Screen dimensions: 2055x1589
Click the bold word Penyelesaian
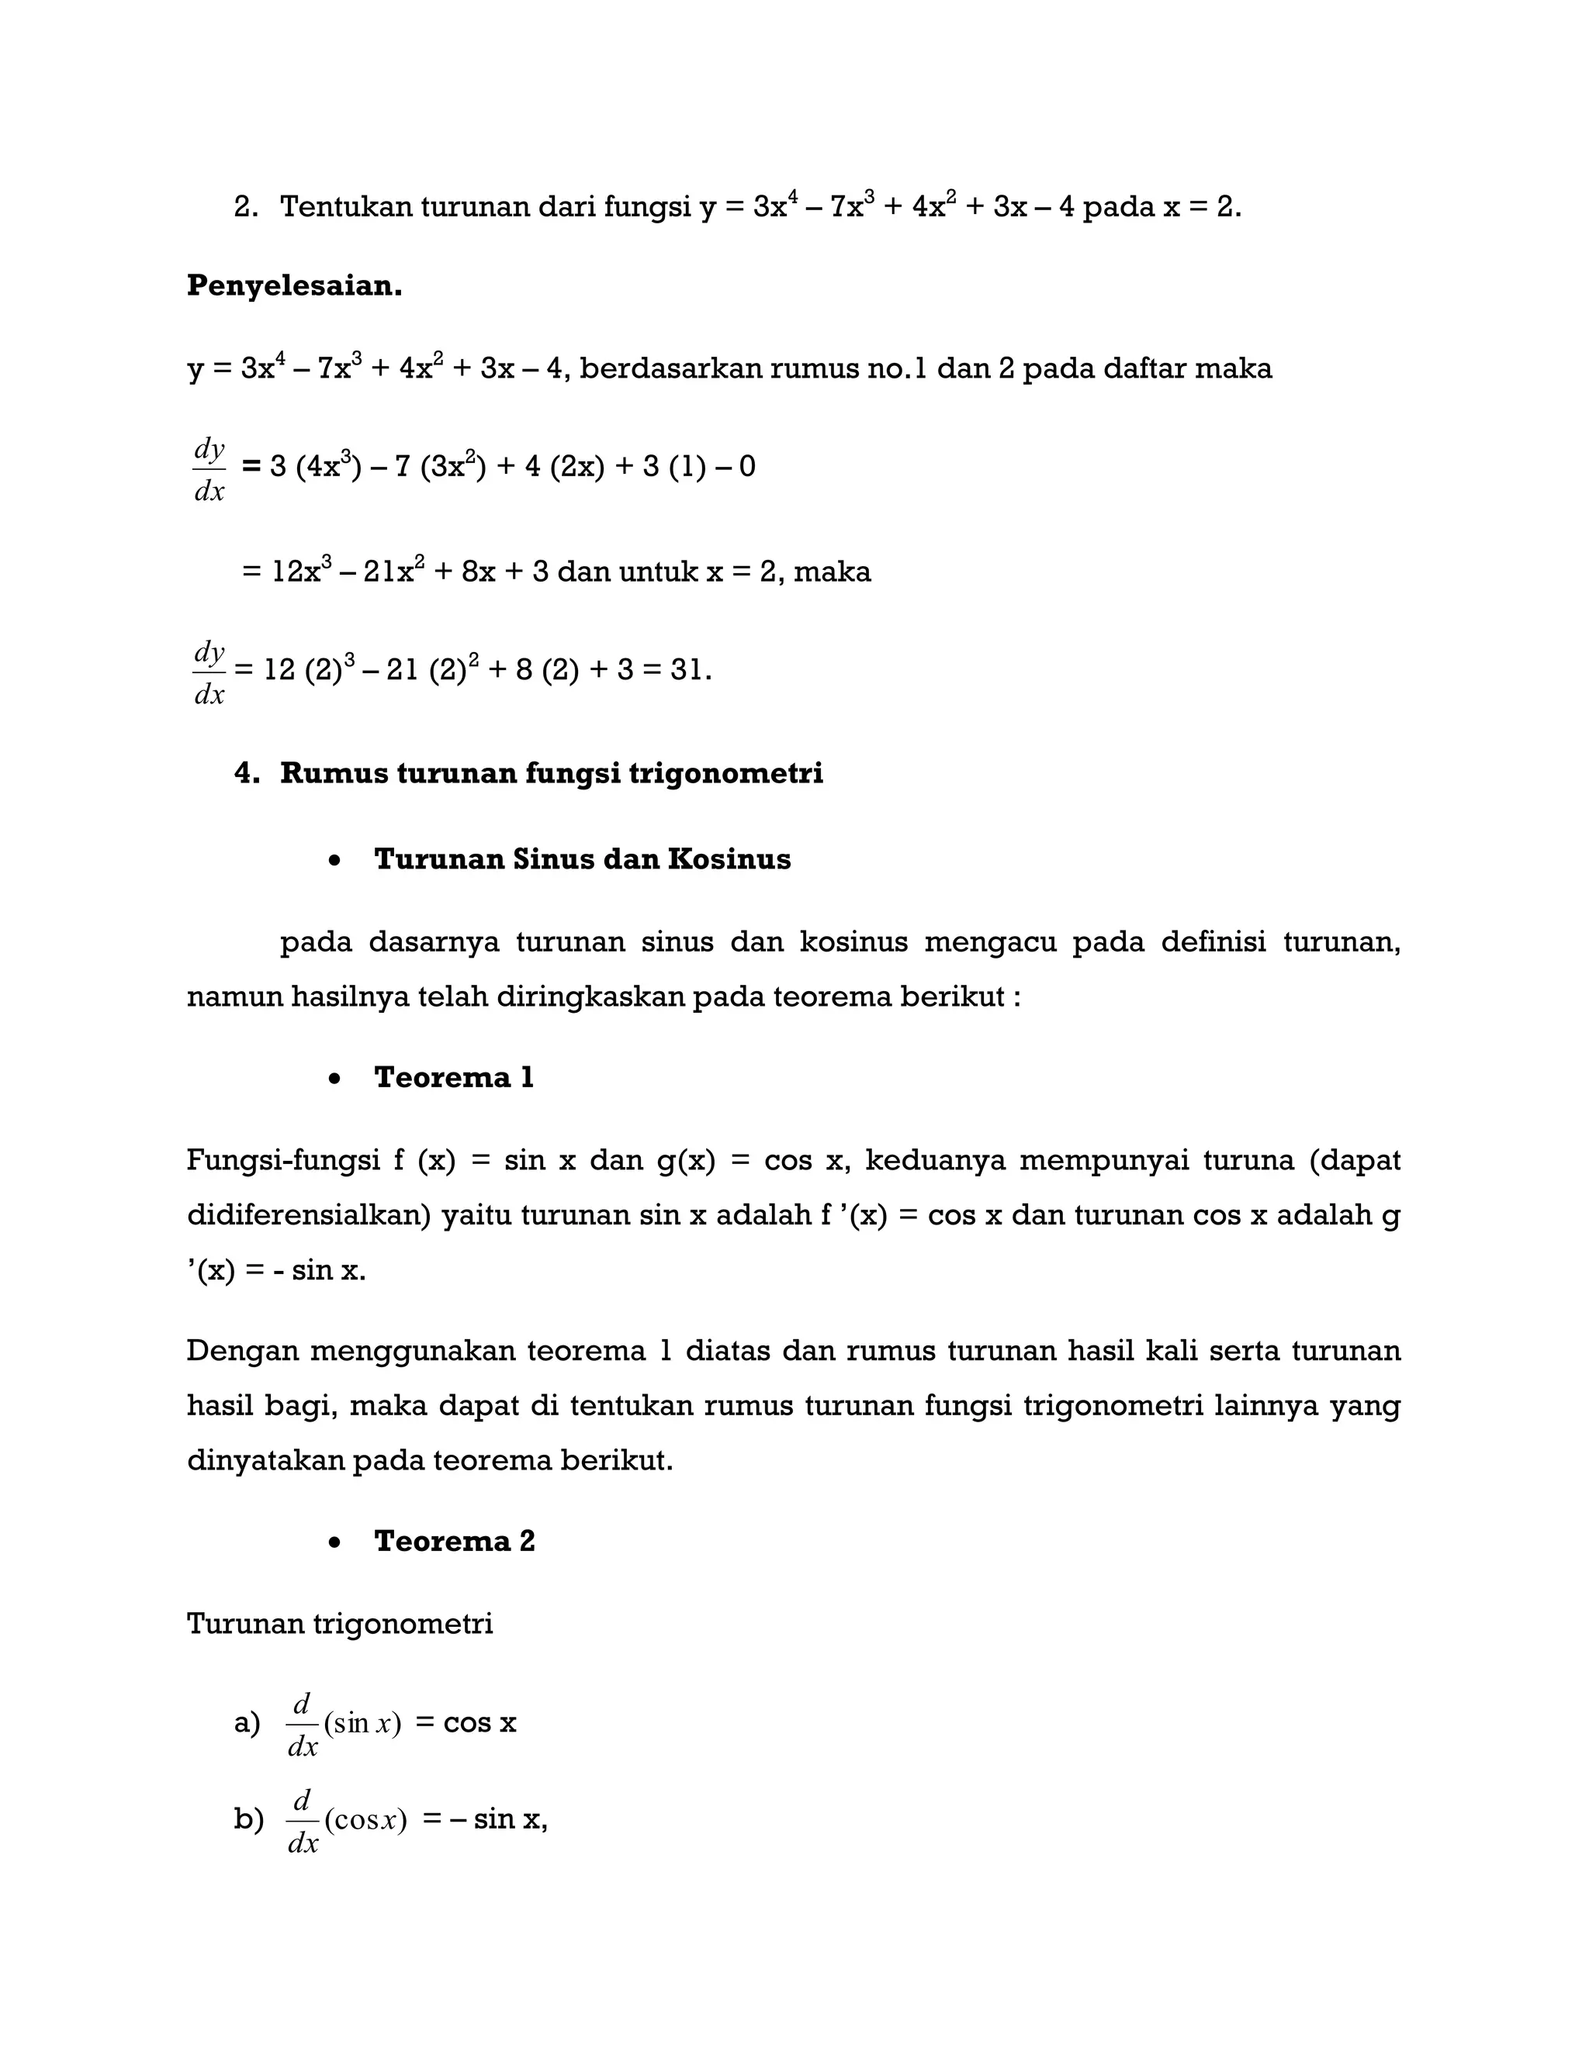[x=294, y=286]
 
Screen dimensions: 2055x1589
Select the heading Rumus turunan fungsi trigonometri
[x=551, y=773]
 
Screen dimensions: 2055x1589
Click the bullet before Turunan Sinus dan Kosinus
[x=334, y=860]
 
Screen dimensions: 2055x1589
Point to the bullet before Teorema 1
[x=334, y=1079]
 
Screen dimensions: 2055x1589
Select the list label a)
[x=247, y=1723]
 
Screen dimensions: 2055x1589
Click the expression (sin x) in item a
[x=362, y=1724]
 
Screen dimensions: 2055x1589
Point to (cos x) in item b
[x=365, y=1820]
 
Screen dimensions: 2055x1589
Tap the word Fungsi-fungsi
[x=282, y=1161]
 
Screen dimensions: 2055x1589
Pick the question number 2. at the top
[x=246, y=207]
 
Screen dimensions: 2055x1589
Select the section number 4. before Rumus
[x=247, y=773]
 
